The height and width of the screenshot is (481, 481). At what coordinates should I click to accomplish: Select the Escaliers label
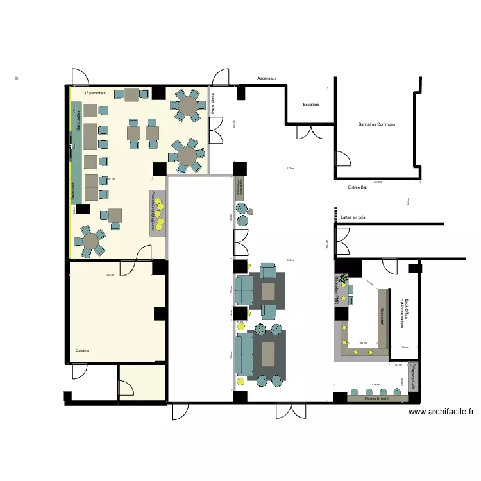[x=311, y=104]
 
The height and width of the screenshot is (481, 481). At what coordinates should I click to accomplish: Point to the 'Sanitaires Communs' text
[x=376, y=124]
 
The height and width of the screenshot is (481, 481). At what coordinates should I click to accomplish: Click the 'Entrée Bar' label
[x=357, y=188]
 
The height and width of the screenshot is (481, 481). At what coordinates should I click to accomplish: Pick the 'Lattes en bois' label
[x=353, y=218]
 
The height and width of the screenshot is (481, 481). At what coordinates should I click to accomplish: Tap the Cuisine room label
[x=82, y=351]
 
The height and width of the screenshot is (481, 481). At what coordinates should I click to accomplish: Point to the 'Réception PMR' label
[x=337, y=290]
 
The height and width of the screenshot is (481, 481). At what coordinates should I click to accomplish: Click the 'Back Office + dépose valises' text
[x=404, y=313]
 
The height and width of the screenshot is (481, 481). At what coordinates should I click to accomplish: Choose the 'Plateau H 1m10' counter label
[x=376, y=398]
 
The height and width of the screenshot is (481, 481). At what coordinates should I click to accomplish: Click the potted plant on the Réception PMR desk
[x=344, y=278]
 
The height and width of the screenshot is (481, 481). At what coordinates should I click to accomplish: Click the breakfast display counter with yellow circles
[x=158, y=212]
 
